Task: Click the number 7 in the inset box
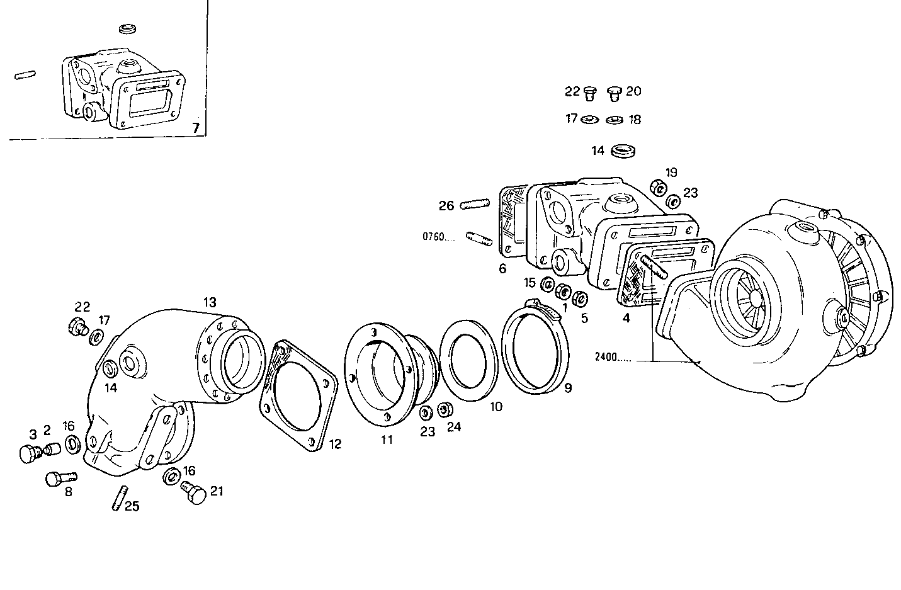coord(196,128)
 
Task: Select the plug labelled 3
coord(28,453)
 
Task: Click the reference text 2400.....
coord(611,358)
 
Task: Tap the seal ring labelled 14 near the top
coord(623,151)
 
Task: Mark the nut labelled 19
coord(657,186)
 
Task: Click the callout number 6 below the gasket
coord(502,269)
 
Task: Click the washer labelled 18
coord(615,120)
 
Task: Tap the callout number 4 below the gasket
coord(626,318)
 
